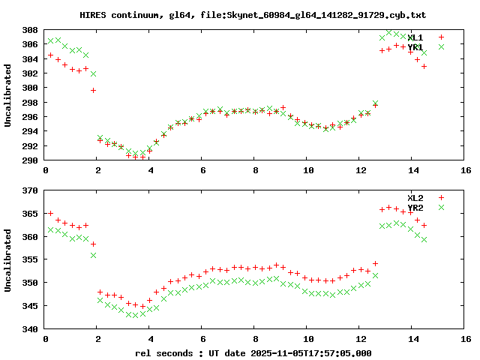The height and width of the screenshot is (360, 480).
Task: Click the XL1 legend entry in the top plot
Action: (415, 37)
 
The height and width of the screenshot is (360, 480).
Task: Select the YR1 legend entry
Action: (415, 47)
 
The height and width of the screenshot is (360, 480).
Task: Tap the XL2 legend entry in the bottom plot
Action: (415, 197)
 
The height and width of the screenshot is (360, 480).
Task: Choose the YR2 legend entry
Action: (415, 208)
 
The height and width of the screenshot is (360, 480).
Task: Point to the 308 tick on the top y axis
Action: (30, 30)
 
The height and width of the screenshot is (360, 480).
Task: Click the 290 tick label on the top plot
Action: (30, 160)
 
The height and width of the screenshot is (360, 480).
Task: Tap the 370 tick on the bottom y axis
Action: (30, 191)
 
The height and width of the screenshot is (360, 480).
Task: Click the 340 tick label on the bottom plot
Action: (30, 328)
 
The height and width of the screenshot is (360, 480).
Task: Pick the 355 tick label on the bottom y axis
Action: (30, 259)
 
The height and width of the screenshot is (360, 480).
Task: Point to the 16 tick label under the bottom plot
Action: (466, 338)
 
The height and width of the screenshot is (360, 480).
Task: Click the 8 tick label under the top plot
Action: (256, 170)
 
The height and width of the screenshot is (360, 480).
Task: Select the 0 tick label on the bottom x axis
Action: (46, 338)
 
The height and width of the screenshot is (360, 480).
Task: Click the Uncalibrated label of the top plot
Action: (8, 95)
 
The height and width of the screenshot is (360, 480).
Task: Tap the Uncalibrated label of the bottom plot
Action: (8, 259)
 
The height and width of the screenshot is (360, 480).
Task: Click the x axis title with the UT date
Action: (253, 352)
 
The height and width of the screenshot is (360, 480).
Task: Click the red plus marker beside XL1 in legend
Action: (442, 37)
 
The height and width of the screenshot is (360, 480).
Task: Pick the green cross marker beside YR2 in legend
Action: (442, 208)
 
